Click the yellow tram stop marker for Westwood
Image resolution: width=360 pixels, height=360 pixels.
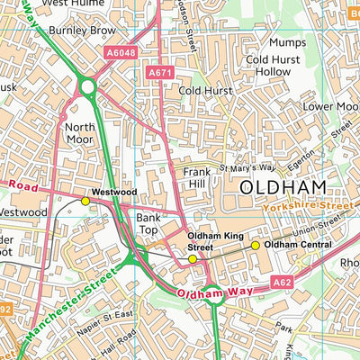(x=85, y=201)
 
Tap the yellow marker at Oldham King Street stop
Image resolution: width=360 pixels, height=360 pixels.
(x=192, y=259)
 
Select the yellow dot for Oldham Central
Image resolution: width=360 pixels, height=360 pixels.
(x=255, y=245)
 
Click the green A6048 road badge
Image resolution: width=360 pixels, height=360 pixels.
(x=120, y=54)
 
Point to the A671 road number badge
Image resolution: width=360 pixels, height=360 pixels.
(x=158, y=72)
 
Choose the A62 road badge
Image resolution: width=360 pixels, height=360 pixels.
(x=283, y=283)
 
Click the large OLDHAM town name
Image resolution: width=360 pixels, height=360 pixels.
(x=282, y=187)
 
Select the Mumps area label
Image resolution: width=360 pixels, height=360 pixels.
(x=288, y=42)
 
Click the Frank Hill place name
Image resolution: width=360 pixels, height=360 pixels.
(x=198, y=177)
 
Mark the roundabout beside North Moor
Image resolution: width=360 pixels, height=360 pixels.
(x=87, y=86)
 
